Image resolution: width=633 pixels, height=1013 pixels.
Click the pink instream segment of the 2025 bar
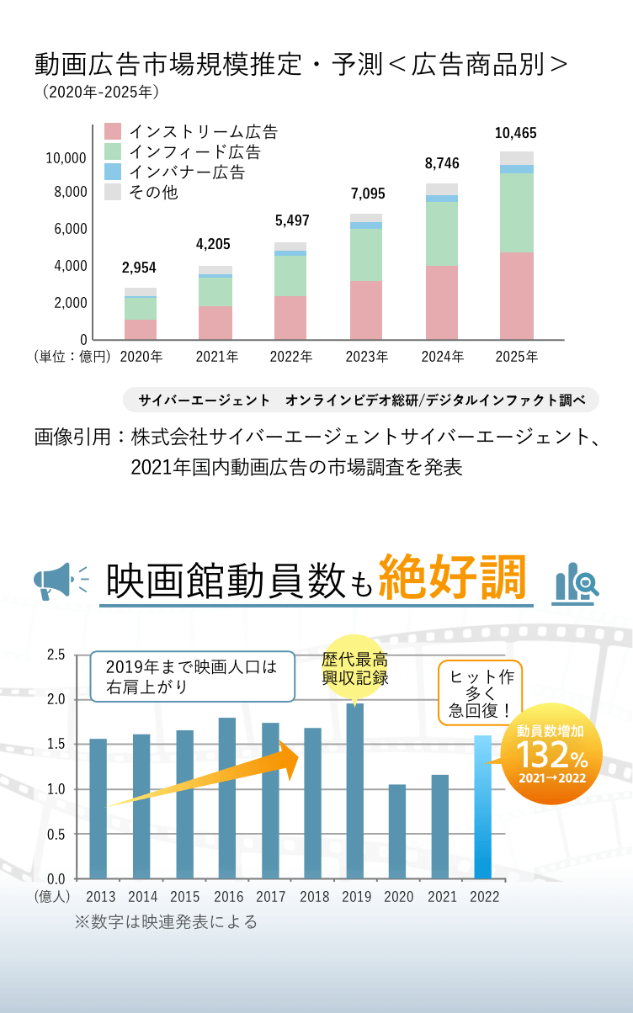pos(517,295)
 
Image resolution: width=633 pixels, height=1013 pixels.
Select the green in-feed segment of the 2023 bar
pos(366,254)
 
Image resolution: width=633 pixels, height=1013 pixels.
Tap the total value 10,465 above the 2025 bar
pos(515,133)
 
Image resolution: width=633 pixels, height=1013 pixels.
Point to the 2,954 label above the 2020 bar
pos(139,268)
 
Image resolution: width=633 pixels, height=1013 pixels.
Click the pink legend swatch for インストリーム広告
pos(113,131)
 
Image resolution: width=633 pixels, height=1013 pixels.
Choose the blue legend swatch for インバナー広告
pos(113,172)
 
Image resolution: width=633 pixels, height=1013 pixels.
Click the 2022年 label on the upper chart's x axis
pos(291,357)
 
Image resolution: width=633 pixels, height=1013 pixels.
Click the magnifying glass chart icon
pos(577,582)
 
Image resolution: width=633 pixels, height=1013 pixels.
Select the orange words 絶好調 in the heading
pos(452,578)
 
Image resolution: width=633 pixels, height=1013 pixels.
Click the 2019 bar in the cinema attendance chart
pos(355,791)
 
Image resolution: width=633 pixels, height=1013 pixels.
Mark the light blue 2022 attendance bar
pos(483,806)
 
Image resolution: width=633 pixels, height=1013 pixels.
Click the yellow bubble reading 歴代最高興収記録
pos(354,669)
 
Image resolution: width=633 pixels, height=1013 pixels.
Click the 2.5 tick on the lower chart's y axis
pos(56,655)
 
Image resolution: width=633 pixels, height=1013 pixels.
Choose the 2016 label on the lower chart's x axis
pos(229,897)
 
